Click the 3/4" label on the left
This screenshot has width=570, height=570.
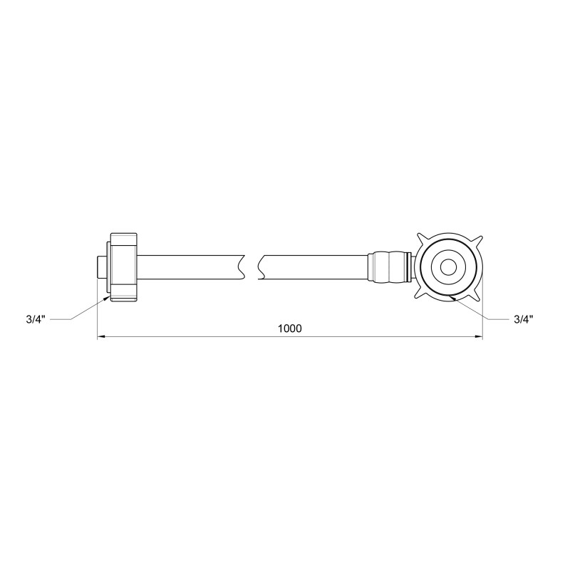click(34, 320)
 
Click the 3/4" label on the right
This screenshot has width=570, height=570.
click(524, 320)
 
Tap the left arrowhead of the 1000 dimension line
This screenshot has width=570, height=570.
click(100, 336)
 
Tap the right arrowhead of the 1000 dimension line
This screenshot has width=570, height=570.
click(480, 336)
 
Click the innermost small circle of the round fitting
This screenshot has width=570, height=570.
click(449, 268)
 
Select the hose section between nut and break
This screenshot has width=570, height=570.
click(192, 267)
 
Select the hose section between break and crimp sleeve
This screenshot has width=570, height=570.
click(313, 267)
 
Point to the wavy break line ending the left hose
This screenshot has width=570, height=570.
click(243, 267)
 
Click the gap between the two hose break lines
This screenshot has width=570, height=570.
click(252, 267)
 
